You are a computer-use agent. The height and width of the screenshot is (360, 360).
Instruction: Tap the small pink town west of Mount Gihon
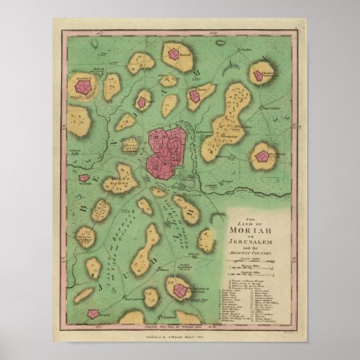click(84, 178)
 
